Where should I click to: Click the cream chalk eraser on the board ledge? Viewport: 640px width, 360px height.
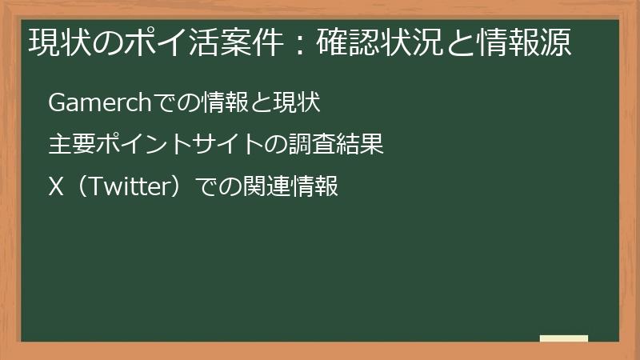564,338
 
